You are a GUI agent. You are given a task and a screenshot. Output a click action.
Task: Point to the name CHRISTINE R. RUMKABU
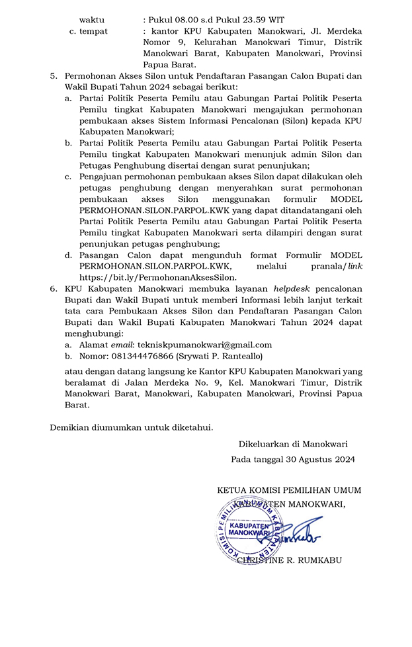290,560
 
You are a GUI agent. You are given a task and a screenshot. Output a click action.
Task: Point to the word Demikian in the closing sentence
71,427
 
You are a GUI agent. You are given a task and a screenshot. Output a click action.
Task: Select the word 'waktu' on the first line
92,19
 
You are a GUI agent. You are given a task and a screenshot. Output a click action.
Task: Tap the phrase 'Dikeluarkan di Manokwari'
293,443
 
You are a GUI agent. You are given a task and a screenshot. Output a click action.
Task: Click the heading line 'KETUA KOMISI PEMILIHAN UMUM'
289,490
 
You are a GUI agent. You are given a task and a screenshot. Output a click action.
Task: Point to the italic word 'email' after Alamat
121,345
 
